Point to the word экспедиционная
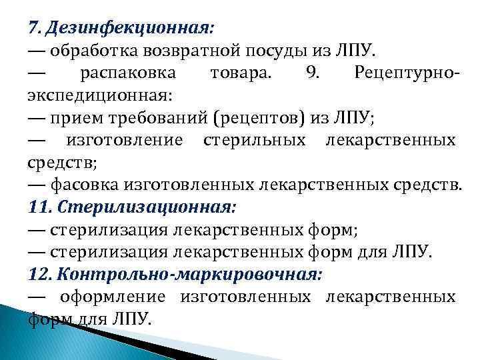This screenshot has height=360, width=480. [x=100, y=95]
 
